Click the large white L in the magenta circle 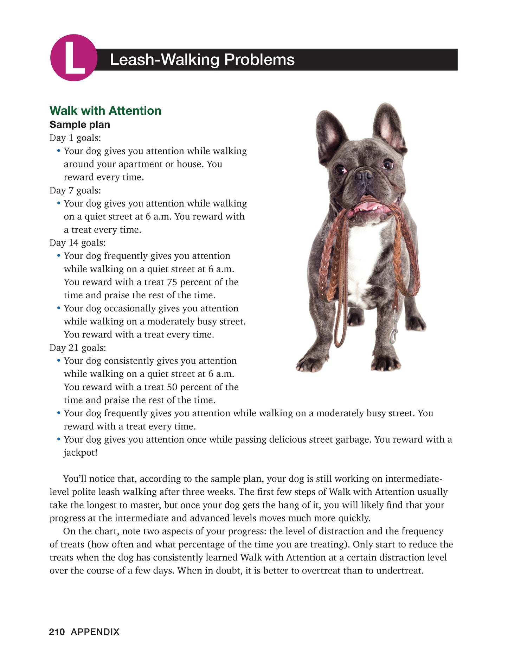(73, 58)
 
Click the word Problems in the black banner (259, 60)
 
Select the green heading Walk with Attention (105, 111)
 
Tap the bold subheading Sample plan (80, 125)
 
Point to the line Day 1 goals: (75, 138)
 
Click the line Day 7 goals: (75, 190)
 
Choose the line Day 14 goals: (78, 243)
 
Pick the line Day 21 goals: (78, 348)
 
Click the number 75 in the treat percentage (172, 282)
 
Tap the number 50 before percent (172, 387)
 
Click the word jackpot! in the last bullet (81, 452)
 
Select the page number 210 (57, 632)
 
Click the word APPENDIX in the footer (95, 632)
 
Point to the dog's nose (365, 175)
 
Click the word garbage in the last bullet (353, 439)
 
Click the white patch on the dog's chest (364, 257)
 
